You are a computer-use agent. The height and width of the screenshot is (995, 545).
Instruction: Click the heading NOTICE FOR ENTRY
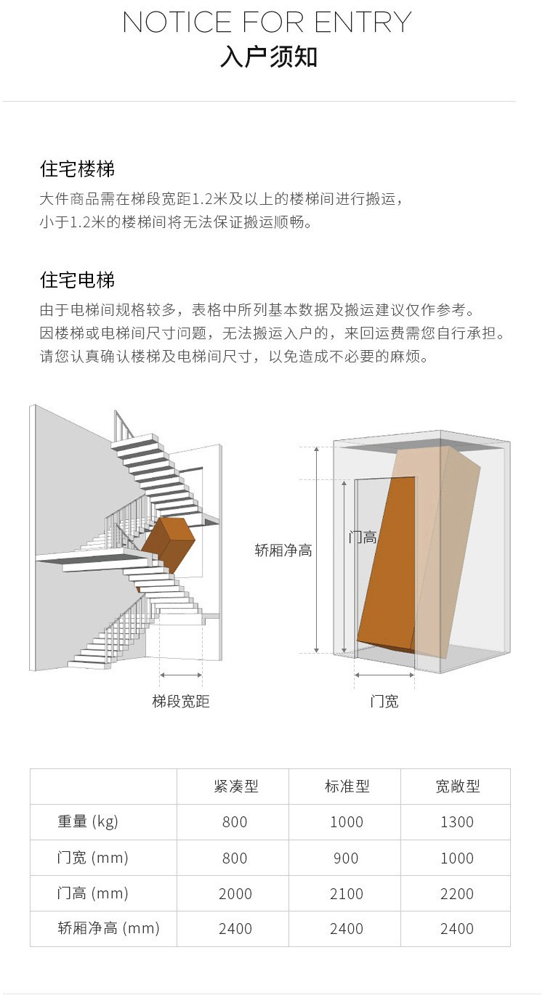[267, 23]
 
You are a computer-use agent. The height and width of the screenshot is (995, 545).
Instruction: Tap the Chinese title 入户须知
[269, 57]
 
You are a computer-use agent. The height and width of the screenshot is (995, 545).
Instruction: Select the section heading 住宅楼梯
[77, 169]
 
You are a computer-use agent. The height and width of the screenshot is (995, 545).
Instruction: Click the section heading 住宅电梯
[77, 280]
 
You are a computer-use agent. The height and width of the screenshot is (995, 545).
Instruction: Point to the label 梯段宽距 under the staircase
[181, 702]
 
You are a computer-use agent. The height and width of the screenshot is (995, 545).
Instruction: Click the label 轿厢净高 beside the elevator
[283, 551]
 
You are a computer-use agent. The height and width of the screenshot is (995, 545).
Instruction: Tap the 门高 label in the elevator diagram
[363, 537]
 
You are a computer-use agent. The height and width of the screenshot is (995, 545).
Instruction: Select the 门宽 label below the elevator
[384, 702]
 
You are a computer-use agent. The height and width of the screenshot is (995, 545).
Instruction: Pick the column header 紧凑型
[235, 786]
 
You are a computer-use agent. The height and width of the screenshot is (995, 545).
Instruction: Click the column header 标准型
[347, 786]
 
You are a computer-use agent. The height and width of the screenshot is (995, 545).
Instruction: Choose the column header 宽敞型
[457, 786]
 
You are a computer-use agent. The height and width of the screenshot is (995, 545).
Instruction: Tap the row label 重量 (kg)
[88, 821]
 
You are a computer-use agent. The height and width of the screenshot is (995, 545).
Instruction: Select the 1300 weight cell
[457, 822]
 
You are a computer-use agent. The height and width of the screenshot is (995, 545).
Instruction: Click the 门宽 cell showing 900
[346, 858]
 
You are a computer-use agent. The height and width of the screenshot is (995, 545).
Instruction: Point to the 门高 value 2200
[457, 893]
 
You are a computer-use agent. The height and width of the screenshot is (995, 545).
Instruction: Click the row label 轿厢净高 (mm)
[108, 928]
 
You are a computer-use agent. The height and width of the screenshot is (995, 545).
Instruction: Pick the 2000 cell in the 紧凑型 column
[235, 893]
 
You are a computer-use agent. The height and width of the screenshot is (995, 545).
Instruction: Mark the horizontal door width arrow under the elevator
[384, 675]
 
